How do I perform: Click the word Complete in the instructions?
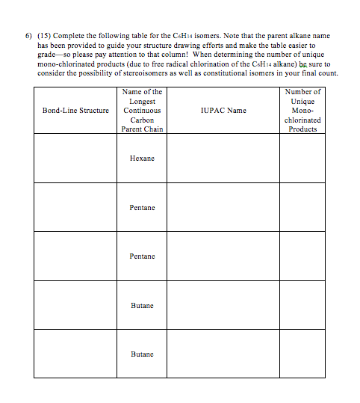point(75,36)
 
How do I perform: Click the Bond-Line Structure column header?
point(75,111)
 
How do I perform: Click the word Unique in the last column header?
point(302,101)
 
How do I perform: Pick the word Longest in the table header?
point(142,101)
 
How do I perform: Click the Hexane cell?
point(142,159)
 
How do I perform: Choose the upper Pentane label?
point(142,207)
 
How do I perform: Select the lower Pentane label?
point(142,256)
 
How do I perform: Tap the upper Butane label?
point(142,305)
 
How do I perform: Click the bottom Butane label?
point(142,354)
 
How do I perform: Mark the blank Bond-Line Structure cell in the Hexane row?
point(75,159)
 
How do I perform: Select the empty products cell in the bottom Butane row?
point(302,354)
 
